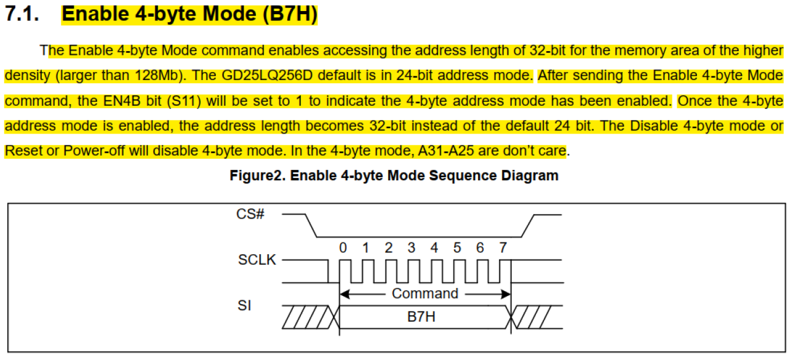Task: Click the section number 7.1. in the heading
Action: pyautogui.click(x=23, y=14)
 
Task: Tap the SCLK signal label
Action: pyautogui.click(x=257, y=260)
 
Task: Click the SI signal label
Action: pyautogui.click(x=244, y=305)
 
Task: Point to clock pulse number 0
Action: pyautogui.click(x=343, y=248)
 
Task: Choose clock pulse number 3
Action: pyautogui.click(x=412, y=248)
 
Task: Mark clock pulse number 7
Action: pyautogui.click(x=503, y=248)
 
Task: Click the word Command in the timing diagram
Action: pyautogui.click(x=425, y=294)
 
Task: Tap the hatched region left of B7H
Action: pyautogui.click(x=308, y=317)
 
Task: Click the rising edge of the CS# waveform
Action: pyautogui.click(x=527, y=225)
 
